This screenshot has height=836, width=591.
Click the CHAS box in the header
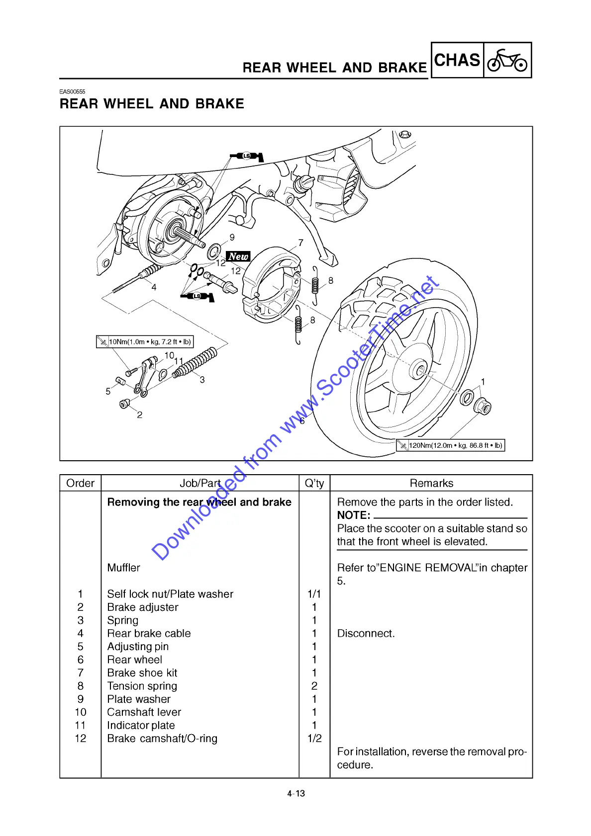click(457, 60)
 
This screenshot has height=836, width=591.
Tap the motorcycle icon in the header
click(507, 61)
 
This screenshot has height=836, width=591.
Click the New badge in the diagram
click(238, 256)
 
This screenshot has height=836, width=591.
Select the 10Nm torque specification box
click(144, 341)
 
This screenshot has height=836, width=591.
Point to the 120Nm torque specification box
click(450, 445)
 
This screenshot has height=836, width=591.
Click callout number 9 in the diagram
click(232, 238)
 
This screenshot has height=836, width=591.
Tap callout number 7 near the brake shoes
click(300, 243)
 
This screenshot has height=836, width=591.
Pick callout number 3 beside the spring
click(202, 380)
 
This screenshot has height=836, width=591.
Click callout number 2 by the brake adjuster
click(140, 415)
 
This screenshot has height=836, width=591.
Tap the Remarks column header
click(431, 483)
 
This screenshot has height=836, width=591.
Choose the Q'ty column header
click(314, 483)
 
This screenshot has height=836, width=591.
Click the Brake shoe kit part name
click(142, 673)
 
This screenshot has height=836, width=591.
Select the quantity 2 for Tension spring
click(314, 686)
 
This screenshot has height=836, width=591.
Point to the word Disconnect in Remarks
click(366, 634)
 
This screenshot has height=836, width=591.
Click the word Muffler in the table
click(124, 568)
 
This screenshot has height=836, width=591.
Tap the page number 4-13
click(296, 793)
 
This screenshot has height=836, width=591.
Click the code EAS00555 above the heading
click(73, 91)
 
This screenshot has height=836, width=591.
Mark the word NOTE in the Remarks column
click(353, 515)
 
